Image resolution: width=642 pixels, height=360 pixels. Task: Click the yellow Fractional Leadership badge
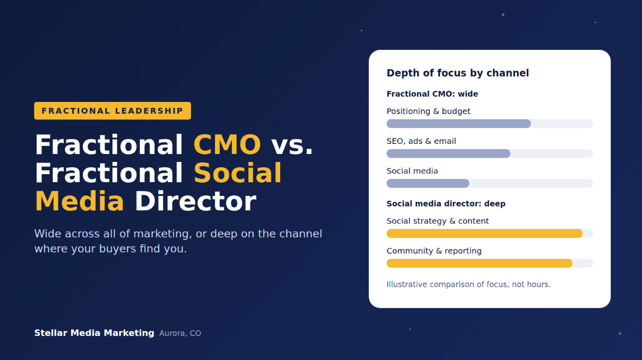point(112,111)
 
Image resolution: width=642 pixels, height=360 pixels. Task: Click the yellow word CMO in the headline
point(227,144)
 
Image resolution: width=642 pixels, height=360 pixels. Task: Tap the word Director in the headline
point(195,201)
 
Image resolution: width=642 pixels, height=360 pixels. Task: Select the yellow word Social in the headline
point(238,173)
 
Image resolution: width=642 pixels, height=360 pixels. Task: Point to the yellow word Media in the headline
point(80,201)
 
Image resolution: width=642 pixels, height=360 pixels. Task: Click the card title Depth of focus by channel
point(458,73)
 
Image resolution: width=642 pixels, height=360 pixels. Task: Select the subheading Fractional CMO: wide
point(432,94)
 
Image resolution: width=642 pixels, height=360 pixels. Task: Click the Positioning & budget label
point(429,112)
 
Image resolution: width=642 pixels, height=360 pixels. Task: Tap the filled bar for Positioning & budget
point(458,124)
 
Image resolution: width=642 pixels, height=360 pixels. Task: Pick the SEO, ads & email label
point(421,141)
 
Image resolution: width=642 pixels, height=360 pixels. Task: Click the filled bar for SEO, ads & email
point(448,153)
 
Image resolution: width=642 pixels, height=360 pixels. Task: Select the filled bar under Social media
point(428,183)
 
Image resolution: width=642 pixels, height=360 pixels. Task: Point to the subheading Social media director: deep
point(446,204)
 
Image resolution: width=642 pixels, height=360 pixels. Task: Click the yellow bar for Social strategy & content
point(484,233)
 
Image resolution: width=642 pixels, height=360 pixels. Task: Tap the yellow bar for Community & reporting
point(480,263)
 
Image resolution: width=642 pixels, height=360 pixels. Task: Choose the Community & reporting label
point(434,251)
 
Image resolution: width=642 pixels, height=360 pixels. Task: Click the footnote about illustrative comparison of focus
point(469,284)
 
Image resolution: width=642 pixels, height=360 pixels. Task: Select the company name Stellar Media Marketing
point(94,333)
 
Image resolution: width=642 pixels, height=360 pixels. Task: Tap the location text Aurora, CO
point(180,333)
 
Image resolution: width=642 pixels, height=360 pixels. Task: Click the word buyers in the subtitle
point(117,248)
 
